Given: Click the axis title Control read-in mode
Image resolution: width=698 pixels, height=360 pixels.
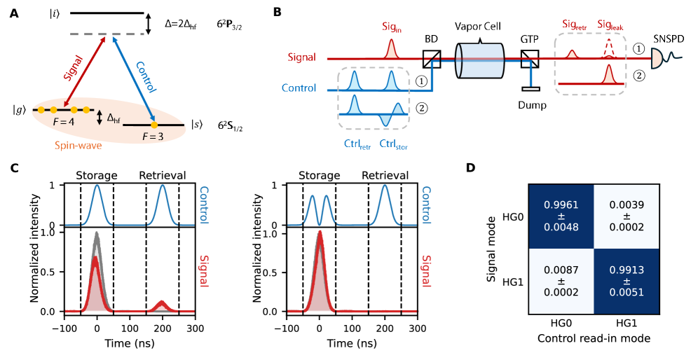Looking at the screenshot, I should coord(592,338).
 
